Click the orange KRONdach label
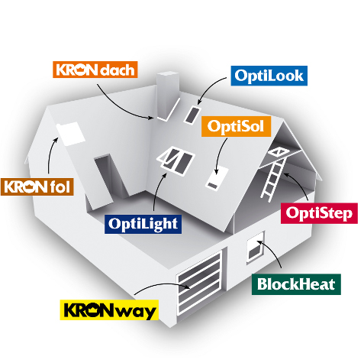click(95, 70)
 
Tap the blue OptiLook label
click(269, 76)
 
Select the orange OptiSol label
click(236, 126)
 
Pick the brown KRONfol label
click(37, 186)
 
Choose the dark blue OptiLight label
click(143, 224)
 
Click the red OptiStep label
click(319, 213)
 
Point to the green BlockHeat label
click(296, 284)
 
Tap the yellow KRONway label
click(109, 310)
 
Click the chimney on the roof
click(167, 96)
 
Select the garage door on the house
click(199, 283)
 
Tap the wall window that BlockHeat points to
click(255, 247)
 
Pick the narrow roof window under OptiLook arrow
click(193, 115)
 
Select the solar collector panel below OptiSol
click(217, 178)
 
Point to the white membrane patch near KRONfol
click(70, 134)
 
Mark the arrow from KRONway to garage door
click(162, 286)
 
